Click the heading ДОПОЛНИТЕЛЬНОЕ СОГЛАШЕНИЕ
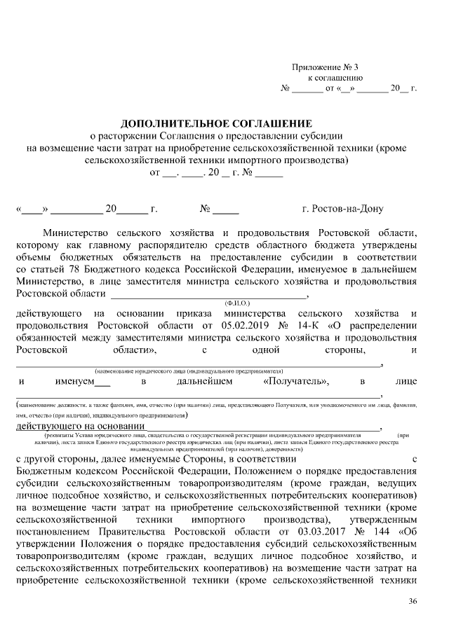coord(216,123)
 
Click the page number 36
coord(413,601)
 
